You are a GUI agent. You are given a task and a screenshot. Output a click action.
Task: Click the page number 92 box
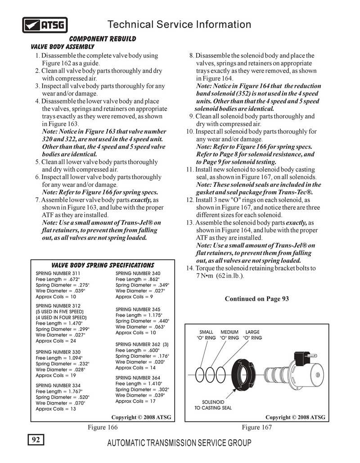point(36,440)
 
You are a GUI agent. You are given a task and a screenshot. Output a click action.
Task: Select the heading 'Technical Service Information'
point(179,24)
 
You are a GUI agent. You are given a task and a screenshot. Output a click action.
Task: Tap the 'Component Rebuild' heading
point(102,39)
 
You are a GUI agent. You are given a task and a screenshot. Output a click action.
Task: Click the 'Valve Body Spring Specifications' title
point(103,265)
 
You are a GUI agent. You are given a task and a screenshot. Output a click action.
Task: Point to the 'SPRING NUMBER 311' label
point(58,274)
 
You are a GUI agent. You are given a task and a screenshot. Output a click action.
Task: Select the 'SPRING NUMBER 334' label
point(58,386)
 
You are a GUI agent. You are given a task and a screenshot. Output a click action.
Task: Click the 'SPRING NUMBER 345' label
point(138,310)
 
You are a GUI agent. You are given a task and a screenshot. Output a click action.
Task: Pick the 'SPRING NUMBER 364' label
point(138,378)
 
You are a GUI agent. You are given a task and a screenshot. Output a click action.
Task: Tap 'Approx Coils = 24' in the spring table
point(56,341)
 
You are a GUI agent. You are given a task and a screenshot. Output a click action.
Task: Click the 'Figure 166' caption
point(103,427)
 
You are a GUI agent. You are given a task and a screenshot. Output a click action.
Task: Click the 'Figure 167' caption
point(257,427)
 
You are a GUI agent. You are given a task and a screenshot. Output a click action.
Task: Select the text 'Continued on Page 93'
point(256,299)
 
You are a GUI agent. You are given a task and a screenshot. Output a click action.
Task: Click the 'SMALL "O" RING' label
point(206,335)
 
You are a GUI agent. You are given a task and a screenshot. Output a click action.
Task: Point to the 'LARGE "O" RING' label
point(252,335)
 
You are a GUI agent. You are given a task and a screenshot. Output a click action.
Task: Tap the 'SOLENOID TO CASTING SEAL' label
point(213,405)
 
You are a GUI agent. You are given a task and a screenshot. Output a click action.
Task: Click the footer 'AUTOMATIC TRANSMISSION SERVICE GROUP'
point(179,443)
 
